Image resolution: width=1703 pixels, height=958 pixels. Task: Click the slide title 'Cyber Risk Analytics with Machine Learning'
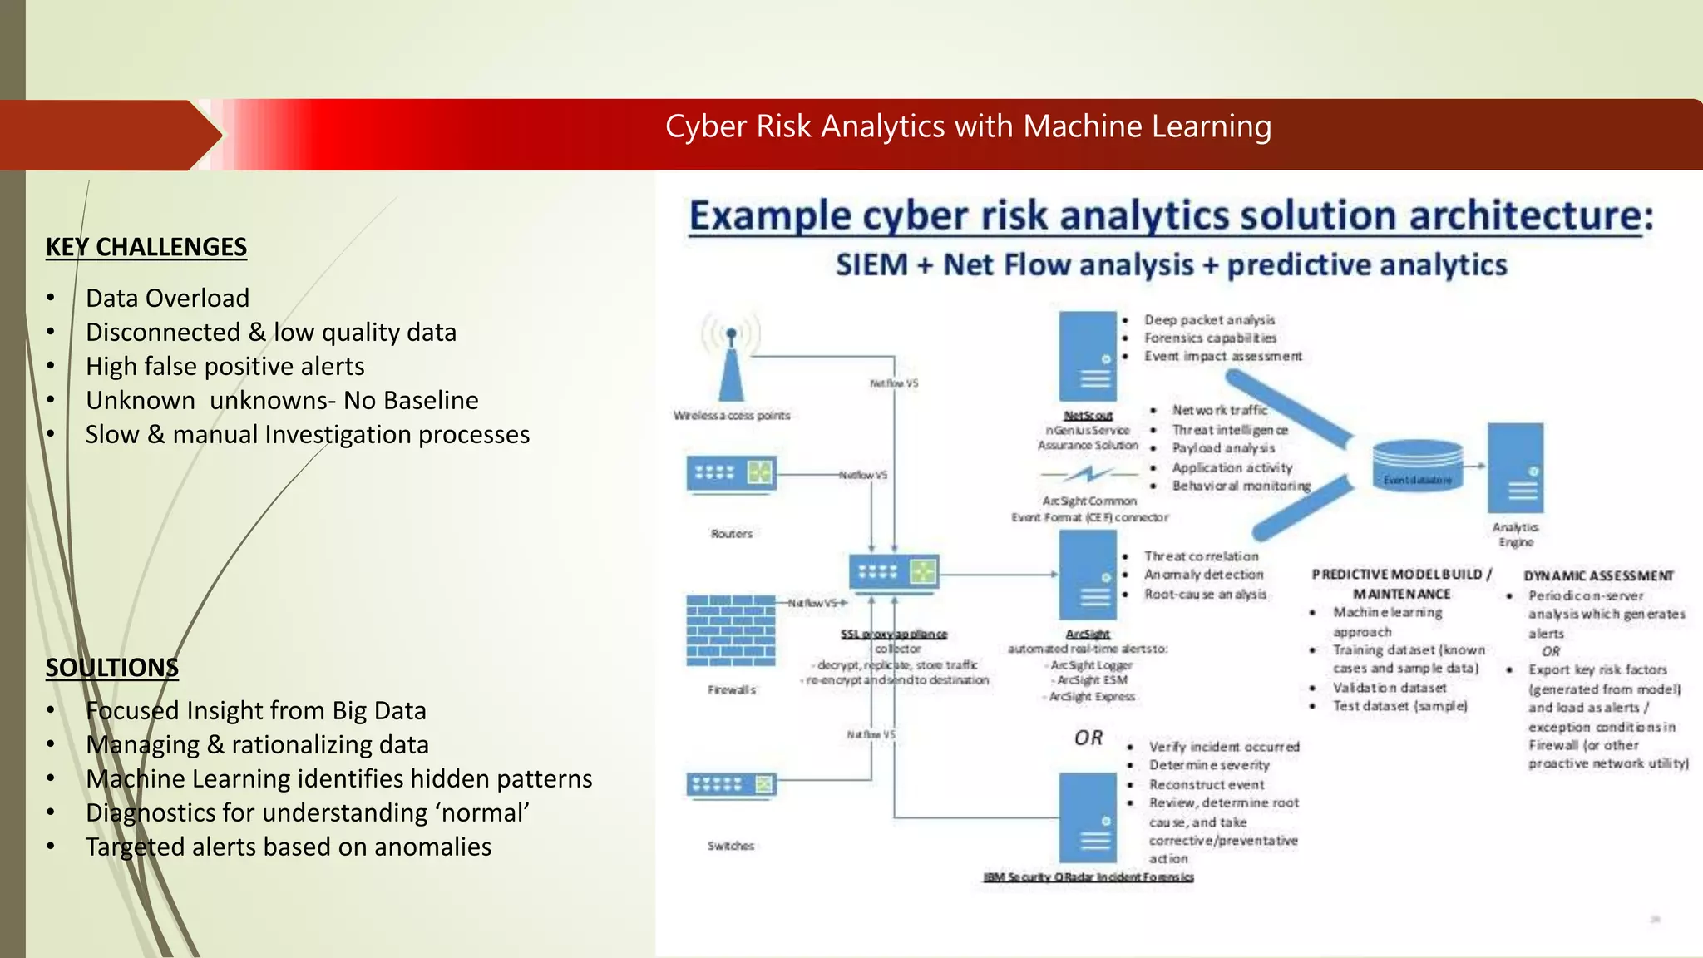pos(968,126)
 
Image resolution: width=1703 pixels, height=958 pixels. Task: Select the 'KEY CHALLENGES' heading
pos(146,247)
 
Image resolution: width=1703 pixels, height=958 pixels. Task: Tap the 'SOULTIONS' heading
pos(112,668)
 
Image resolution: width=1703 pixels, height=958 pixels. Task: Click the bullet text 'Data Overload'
pos(167,298)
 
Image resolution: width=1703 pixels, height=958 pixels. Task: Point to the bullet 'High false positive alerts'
pos(225,366)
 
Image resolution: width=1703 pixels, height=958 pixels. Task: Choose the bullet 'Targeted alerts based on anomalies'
pos(288,847)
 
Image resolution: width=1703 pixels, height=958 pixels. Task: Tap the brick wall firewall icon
pos(731,630)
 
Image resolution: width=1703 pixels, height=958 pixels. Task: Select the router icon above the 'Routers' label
pos(732,473)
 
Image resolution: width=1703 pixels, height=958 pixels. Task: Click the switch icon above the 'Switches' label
pos(731,784)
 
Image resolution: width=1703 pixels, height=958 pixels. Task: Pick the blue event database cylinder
pos(1417,465)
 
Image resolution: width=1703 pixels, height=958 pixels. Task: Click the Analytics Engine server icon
pos(1515,468)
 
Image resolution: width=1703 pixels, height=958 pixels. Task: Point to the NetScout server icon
pos(1088,357)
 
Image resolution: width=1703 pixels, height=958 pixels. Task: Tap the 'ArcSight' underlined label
pos(1088,634)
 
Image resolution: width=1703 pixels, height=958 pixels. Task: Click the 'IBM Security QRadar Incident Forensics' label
pos(1088,877)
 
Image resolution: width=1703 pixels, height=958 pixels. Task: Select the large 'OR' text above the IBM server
pos(1088,738)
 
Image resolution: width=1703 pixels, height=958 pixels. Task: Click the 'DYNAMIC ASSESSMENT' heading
pos(1598,575)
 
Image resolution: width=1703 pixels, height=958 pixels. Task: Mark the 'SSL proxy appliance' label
pos(894,634)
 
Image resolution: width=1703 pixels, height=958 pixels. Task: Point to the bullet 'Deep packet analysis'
pos(1209,320)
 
